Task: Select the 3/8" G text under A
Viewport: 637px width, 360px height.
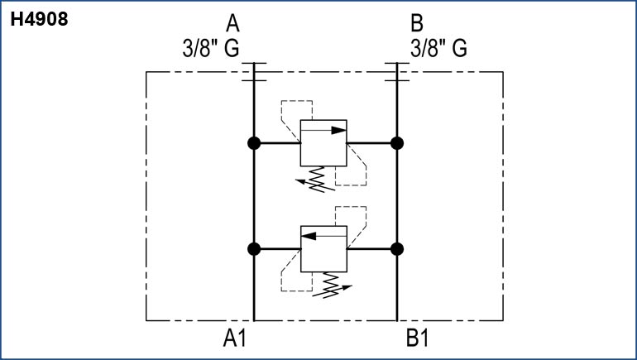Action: [x=211, y=48]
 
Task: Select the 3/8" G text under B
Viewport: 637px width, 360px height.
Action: [x=438, y=48]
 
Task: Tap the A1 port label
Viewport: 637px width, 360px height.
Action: [x=234, y=338]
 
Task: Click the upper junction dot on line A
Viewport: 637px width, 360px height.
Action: [x=254, y=143]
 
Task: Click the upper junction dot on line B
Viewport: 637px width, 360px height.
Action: [x=397, y=143]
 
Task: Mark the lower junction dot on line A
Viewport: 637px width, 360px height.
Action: [x=254, y=248]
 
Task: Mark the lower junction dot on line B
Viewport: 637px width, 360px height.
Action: [x=397, y=248]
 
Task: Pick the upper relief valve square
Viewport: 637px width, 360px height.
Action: [x=323, y=143]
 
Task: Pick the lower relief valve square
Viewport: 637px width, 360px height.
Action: [x=323, y=247]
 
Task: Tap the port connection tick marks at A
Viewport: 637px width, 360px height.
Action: [x=254, y=73]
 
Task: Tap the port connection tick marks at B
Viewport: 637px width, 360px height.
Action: [x=397, y=73]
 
